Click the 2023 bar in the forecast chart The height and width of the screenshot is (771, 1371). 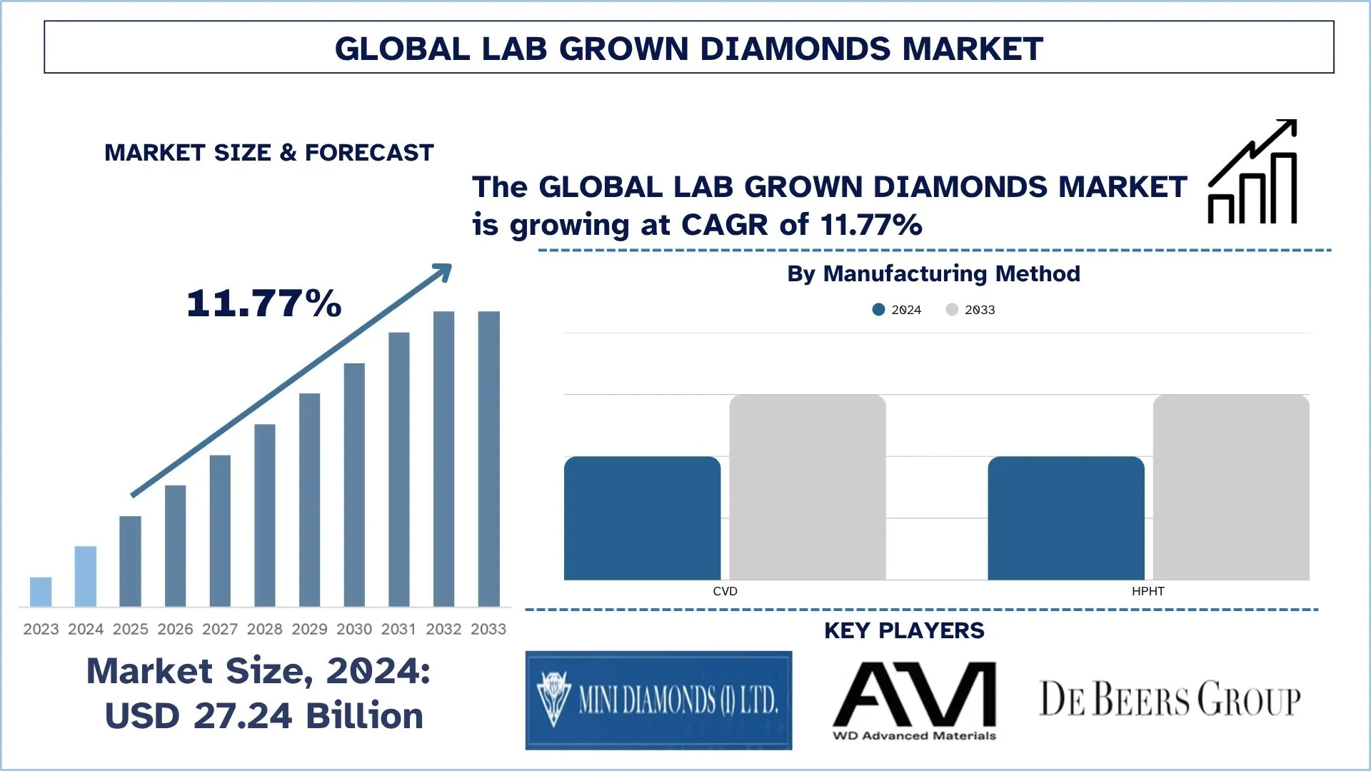coord(41,592)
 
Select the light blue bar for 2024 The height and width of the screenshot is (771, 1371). coord(86,576)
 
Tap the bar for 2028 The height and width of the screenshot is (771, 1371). coord(265,515)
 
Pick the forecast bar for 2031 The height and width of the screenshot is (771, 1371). coord(399,469)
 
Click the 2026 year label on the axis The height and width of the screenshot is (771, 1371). coord(175,629)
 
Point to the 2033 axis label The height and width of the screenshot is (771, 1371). coord(488,629)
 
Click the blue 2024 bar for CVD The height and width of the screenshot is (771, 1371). coord(642,518)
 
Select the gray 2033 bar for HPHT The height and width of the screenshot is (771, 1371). coord(1231,487)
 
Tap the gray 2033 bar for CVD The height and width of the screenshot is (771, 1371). coord(808,487)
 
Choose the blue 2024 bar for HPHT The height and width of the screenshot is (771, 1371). coord(1066,518)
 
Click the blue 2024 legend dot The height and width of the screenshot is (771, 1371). coord(878,310)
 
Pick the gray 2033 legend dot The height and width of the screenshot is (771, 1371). coord(952,310)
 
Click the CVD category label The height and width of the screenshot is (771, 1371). coord(725,591)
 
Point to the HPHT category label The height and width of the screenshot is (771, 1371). coord(1148,591)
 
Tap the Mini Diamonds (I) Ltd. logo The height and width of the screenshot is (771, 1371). coord(658,700)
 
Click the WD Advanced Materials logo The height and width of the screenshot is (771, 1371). coord(915,700)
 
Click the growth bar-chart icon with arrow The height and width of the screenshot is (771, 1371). coord(1253,172)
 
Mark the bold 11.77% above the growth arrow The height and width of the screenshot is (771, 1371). coord(264,303)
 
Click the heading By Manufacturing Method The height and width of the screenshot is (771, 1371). coord(933,273)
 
